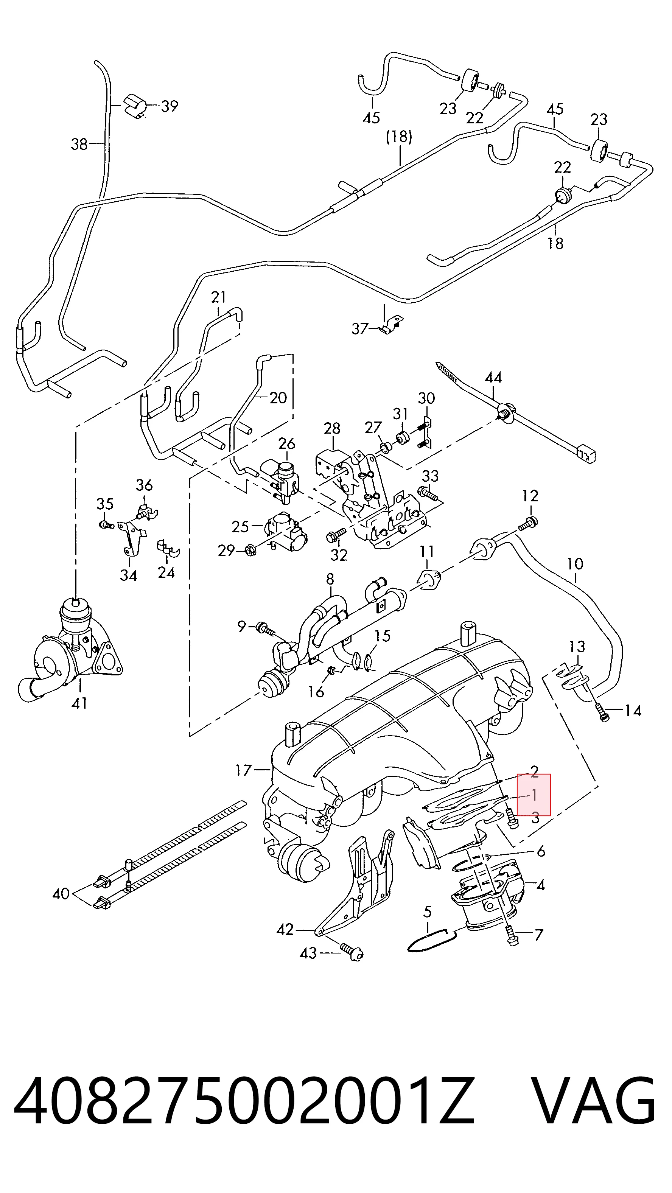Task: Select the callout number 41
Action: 80,703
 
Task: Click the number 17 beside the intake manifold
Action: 244,770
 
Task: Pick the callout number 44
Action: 493,378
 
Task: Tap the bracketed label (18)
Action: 399,137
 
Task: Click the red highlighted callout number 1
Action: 534,795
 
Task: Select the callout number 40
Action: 61,893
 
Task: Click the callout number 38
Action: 79,144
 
